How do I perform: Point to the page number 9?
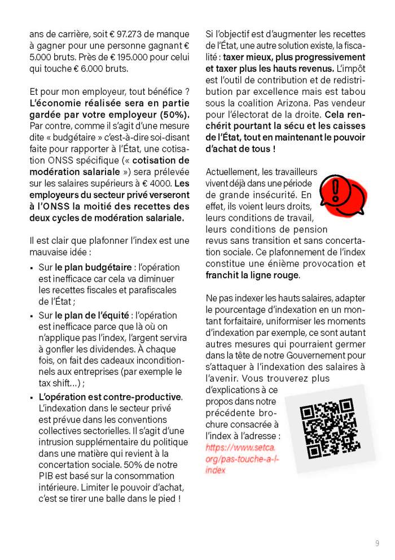point(377,544)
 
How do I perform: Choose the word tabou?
point(353,91)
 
